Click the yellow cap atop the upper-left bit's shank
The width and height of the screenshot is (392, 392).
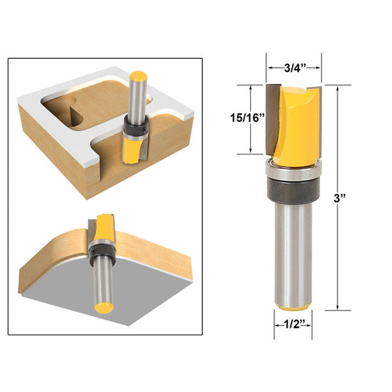(x=137, y=75)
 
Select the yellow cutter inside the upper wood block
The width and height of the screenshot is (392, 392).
(x=132, y=150)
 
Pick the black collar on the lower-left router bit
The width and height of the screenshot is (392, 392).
(x=100, y=253)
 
